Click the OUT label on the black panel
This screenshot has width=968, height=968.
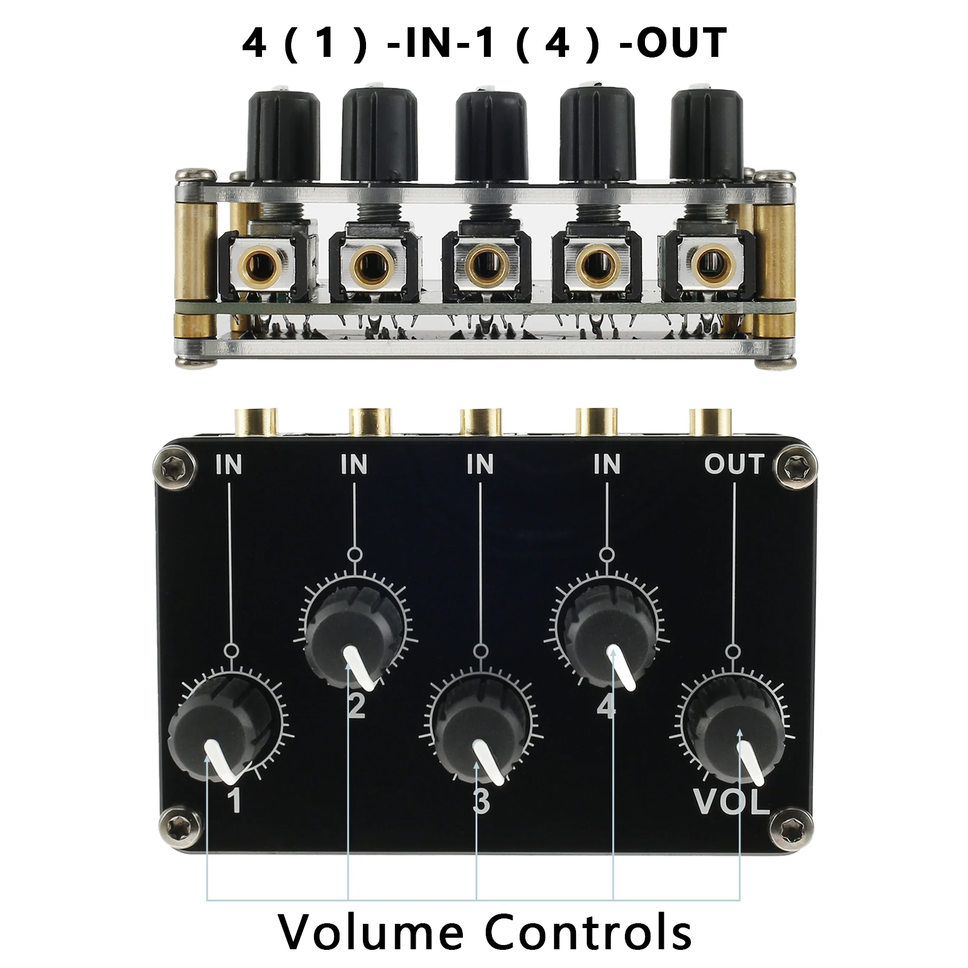[734, 464]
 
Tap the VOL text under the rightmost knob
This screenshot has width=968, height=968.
[732, 802]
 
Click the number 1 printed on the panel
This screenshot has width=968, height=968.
[234, 800]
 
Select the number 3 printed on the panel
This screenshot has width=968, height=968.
[481, 802]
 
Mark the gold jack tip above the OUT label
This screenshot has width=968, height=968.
[711, 422]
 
